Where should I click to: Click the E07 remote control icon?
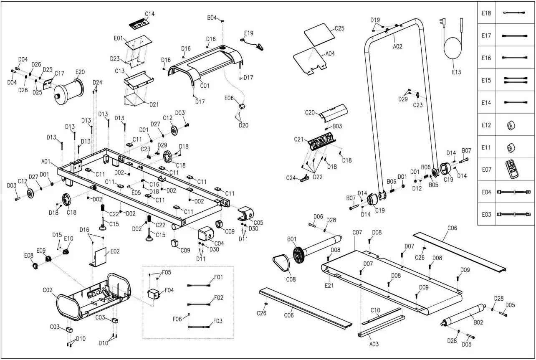tap(513, 170)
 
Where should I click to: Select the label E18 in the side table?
tap(486, 13)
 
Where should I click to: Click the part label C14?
tap(149, 14)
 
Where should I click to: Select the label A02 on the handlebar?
tap(397, 46)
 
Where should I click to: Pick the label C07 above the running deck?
tap(357, 232)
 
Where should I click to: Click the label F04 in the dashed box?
tap(169, 290)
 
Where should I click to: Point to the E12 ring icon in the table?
tap(510, 125)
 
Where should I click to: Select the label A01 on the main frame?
tap(46, 161)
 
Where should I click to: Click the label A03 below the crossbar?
tap(374, 344)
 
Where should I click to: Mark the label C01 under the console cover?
tap(205, 86)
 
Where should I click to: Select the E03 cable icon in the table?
tap(513, 215)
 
